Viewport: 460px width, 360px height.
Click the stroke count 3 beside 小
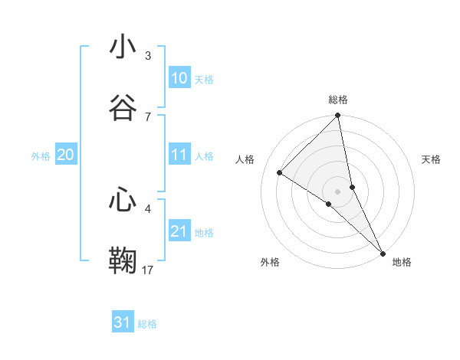coord(148,56)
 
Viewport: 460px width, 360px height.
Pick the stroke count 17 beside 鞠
coord(148,270)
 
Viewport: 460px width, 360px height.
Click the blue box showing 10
coord(179,78)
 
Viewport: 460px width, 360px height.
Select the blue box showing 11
coord(179,155)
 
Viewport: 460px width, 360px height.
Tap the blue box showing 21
coord(179,231)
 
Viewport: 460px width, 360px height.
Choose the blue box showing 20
coord(65,155)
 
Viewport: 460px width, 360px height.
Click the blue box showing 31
coord(122,322)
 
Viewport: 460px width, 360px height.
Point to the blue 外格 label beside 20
coord(41,156)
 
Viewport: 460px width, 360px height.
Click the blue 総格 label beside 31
coord(147,324)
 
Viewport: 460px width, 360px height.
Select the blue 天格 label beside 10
coord(204,80)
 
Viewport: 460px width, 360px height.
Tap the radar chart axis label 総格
coord(338,100)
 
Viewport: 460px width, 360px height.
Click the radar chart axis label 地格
coord(402,263)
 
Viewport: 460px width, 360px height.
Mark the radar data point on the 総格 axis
coord(338,116)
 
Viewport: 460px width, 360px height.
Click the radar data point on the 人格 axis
coord(280,173)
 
